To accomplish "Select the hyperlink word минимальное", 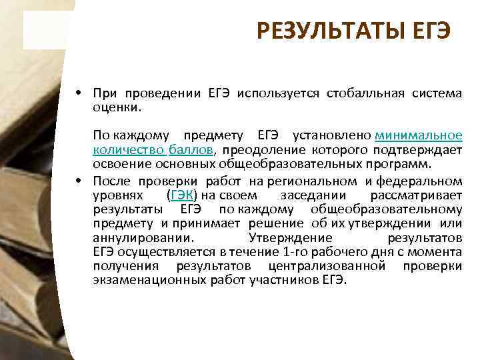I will click(x=419, y=136).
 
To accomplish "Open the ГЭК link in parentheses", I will click(x=182, y=195).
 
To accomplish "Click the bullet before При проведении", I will click(x=79, y=94).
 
